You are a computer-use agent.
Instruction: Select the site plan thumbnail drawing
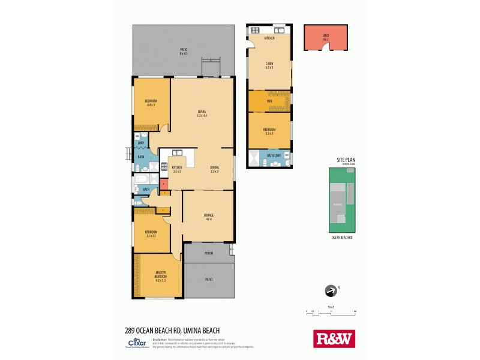click(342, 200)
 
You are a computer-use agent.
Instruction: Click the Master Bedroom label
click(160, 277)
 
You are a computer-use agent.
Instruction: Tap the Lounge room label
click(209, 217)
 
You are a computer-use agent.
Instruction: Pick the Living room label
click(202, 113)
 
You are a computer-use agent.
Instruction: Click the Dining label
click(214, 169)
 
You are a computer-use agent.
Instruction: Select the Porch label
click(209, 253)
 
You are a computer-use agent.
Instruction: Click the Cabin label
click(269, 65)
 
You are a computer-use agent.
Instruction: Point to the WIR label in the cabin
click(269, 101)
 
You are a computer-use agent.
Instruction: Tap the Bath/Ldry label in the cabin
click(274, 156)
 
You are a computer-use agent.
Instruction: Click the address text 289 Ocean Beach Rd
click(163, 330)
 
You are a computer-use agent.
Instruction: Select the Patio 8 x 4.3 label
click(184, 52)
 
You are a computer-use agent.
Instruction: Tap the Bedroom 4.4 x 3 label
click(151, 103)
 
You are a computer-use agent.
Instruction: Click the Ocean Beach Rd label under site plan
click(342, 238)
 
